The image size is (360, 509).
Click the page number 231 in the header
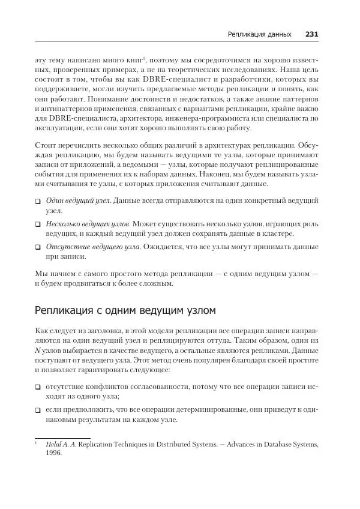(x=311, y=34)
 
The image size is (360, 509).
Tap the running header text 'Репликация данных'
(x=259, y=34)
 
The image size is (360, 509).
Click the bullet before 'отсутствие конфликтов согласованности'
(x=38, y=386)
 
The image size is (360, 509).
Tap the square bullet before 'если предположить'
(x=38, y=409)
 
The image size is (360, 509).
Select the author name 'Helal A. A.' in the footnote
(x=60, y=445)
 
